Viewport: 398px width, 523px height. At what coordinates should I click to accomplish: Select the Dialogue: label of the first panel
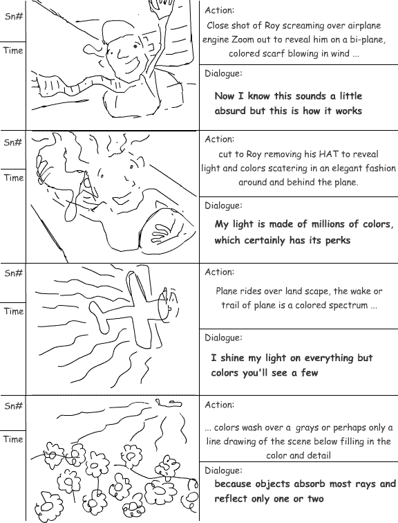point(223,74)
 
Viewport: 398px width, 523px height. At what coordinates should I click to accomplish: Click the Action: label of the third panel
point(220,272)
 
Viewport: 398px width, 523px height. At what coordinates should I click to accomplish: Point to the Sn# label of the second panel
point(13,143)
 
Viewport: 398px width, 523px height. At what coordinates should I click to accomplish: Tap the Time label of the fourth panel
point(13,439)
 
